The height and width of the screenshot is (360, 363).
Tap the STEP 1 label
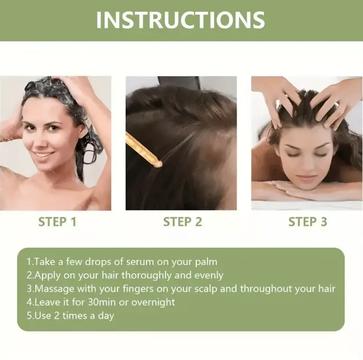coord(57,222)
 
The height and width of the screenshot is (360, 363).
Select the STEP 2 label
coord(182,222)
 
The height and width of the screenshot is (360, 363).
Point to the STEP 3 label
coord(307,222)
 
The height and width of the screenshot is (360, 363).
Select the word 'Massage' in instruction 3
coord(55,288)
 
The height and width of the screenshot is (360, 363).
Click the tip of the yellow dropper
coord(159,163)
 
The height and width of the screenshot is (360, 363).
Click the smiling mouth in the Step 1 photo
coord(44,155)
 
